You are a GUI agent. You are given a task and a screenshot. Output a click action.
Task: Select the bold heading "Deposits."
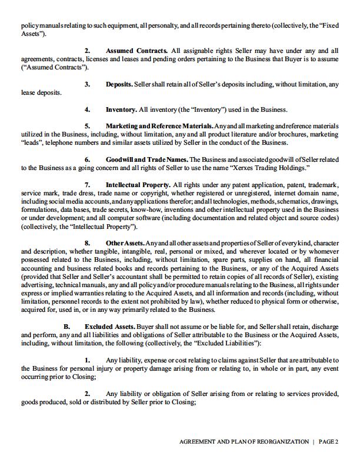[x=119, y=85]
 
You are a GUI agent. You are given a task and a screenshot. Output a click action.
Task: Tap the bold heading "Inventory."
[x=121, y=109]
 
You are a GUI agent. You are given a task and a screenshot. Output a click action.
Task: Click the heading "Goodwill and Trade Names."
[x=146, y=159]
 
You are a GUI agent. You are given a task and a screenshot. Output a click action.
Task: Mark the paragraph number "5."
[x=88, y=127]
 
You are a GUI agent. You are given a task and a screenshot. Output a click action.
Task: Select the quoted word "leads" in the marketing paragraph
[x=31, y=143]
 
